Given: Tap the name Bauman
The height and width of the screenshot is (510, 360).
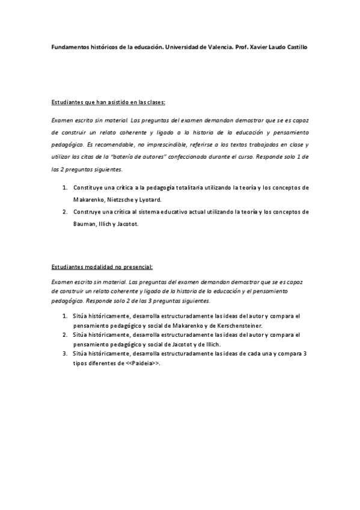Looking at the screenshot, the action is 83,224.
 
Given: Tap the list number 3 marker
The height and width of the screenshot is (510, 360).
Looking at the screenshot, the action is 64,354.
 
